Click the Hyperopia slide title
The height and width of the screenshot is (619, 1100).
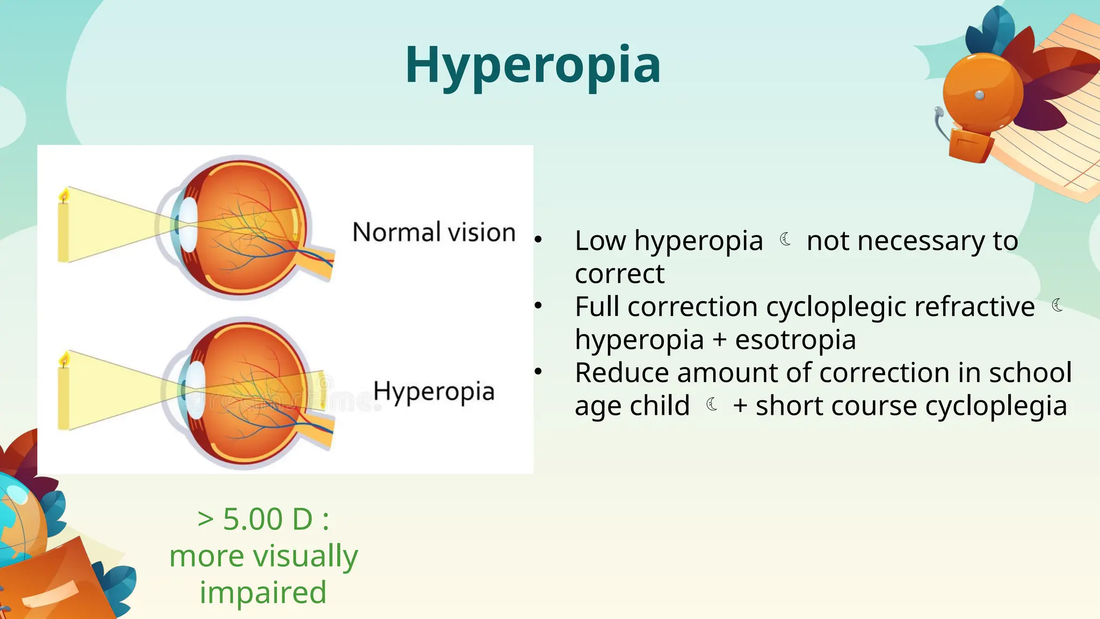tap(533, 65)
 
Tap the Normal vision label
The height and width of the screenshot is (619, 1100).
tap(433, 232)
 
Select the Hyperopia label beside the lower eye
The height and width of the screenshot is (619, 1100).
tap(433, 391)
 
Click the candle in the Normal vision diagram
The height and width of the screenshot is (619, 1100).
tap(63, 228)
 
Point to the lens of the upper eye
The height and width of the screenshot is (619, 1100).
tap(189, 224)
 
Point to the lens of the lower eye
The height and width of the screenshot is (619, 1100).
tap(196, 388)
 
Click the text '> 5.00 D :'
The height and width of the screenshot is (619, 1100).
tap(263, 519)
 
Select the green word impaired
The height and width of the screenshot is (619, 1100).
tap(263, 592)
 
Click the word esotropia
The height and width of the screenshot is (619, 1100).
tap(795, 340)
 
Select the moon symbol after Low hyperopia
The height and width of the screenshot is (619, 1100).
tap(785, 239)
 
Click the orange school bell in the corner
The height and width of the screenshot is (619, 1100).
tap(983, 91)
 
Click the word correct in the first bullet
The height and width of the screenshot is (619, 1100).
tap(619, 273)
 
